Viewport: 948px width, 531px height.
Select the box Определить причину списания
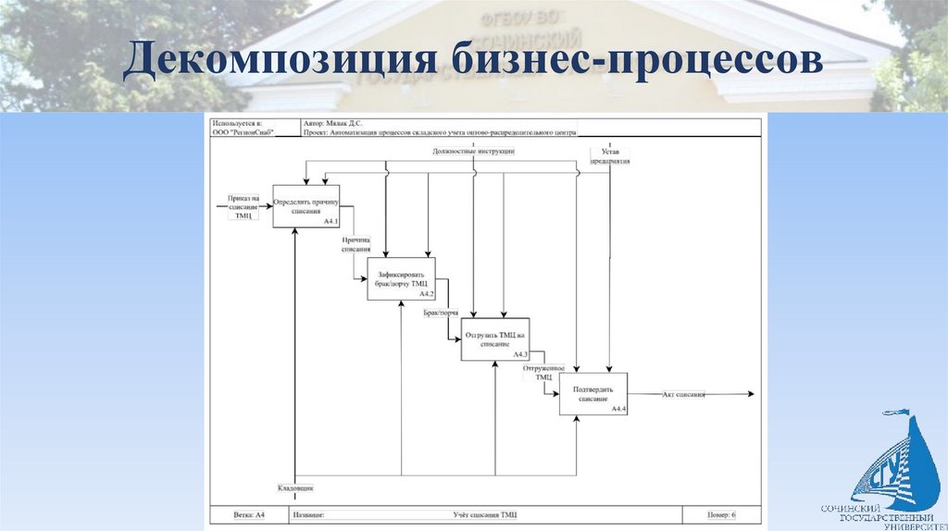[306, 205]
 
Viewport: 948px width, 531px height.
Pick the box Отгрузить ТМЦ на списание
[495, 339]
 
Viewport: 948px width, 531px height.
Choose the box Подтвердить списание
[592, 394]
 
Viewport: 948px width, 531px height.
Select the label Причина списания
[355, 244]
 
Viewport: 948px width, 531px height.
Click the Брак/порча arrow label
[442, 314]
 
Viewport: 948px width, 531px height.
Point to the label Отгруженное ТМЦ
[543, 372]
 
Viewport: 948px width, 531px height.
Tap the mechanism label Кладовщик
[295, 487]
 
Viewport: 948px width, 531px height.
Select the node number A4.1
[331, 222]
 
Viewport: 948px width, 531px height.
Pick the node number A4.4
[617, 409]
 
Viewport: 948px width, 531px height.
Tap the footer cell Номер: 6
[721, 514]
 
